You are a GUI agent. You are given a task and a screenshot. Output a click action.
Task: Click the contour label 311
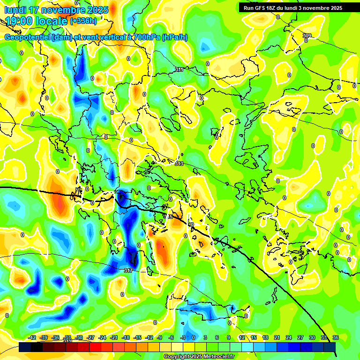pos(179,69)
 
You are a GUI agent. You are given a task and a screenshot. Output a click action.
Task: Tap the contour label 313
pos(179,164)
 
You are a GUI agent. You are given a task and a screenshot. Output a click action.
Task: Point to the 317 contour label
pos(128,271)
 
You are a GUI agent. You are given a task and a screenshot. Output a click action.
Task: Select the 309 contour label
pos(307,36)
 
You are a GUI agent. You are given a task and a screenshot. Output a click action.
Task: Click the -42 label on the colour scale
pos(32,337)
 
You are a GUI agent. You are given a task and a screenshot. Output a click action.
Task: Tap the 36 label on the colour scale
pos(336,337)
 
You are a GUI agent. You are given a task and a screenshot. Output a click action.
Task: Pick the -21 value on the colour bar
pos(114,337)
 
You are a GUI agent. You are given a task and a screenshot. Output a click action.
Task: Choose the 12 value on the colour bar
pos(241,337)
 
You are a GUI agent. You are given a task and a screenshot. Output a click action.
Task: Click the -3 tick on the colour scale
pos(183,337)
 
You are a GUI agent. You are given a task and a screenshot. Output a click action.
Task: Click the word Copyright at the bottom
pos(176,357)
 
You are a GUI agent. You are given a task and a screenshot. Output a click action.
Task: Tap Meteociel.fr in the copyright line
pos(218,357)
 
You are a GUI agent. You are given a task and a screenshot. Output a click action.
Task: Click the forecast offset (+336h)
pos(83,21)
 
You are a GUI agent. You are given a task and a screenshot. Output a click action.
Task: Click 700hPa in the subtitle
pos(145,37)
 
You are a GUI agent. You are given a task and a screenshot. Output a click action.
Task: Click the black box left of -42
pos(25,347)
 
